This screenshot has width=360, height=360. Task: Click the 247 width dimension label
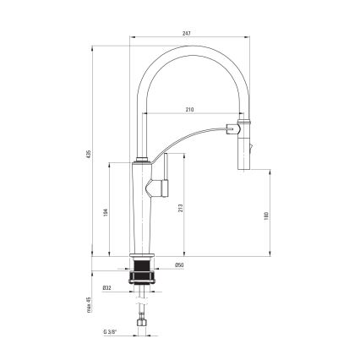[x=187, y=33]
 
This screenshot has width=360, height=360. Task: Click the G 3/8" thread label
[x=110, y=332]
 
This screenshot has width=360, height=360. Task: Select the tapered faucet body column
[x=141, y=211]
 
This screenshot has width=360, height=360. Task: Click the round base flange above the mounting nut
[x=141, y=259]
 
